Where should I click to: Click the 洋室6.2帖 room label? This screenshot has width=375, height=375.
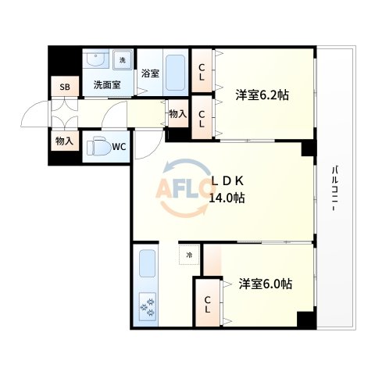(x=262, y=95)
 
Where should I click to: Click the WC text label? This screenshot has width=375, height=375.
(x=120, y=146)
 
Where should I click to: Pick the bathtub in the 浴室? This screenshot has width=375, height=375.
(x=176, y=73)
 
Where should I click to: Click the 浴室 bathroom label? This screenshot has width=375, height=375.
(x=150, y=74)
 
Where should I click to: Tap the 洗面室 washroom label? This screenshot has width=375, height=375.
(x=106, y=84)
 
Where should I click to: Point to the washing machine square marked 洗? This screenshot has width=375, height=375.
(x=123, y=59)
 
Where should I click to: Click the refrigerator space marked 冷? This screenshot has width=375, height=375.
(x=188, y=255)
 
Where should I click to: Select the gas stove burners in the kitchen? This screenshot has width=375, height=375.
(x=147, y=307)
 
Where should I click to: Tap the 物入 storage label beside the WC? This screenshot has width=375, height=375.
(x=64, y=141)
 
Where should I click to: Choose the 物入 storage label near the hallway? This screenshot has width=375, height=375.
(x=177, y=114)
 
